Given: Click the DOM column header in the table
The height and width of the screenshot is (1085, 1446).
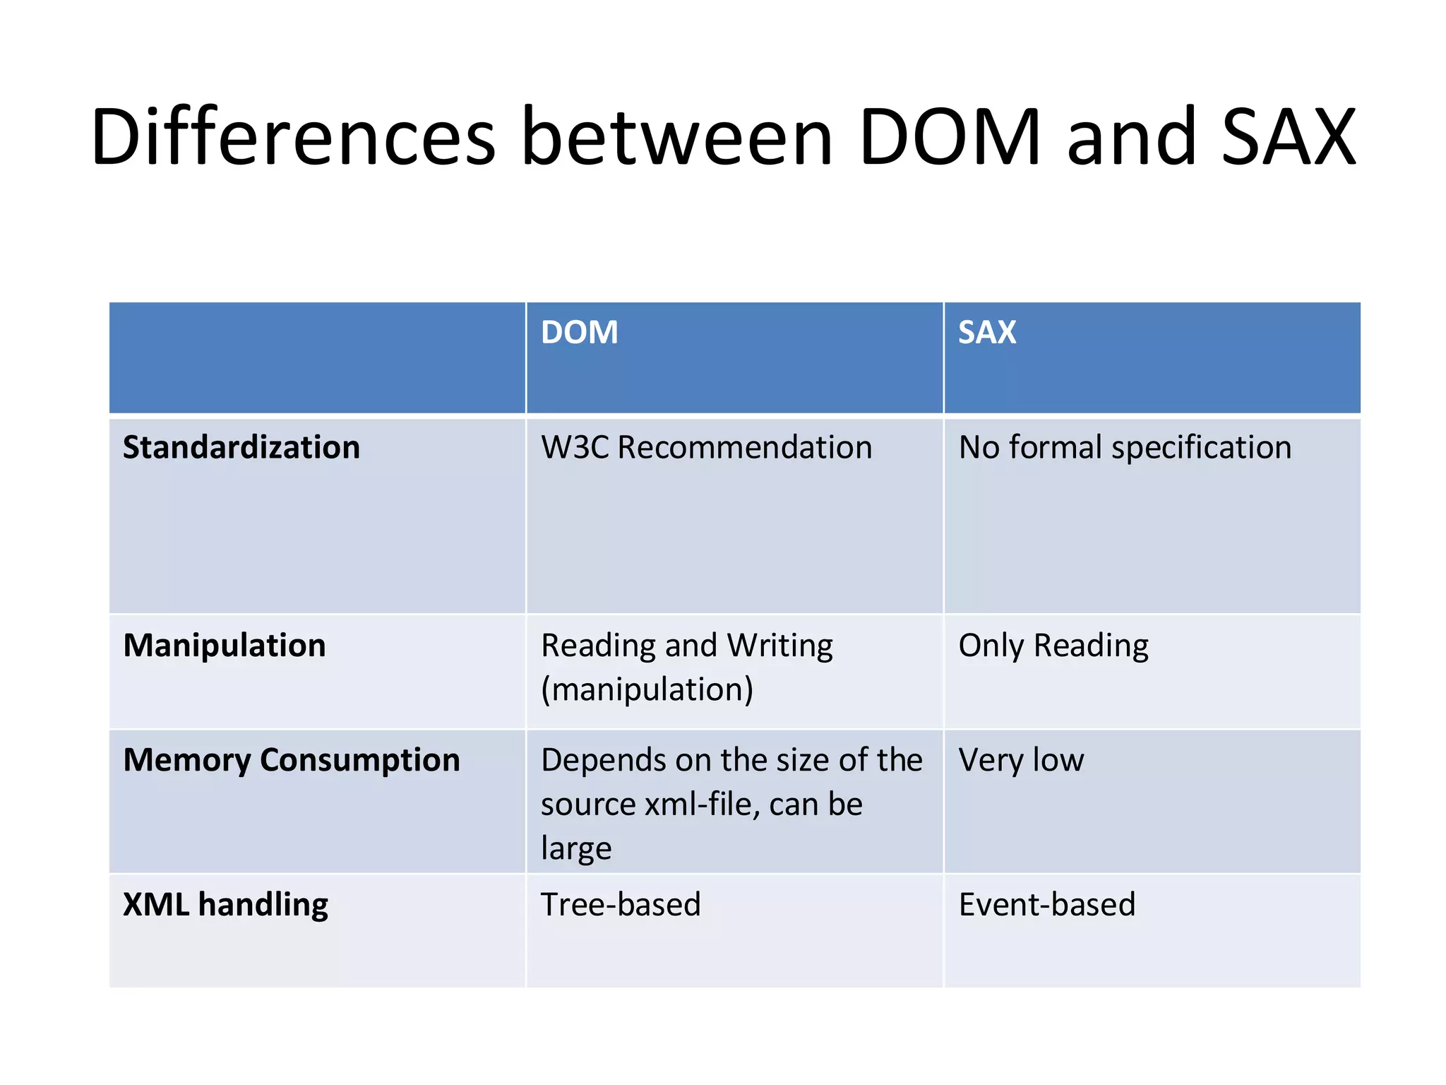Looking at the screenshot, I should pyautogui.click(x=579, y=332).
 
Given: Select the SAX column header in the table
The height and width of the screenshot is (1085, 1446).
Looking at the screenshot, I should pyautogui.click(x=986, y=332).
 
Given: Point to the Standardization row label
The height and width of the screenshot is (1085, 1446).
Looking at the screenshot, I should pyautogui.click(x=241, y=447).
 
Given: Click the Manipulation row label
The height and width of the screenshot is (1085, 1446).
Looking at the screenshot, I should pyautogui.click(x=225, y=645).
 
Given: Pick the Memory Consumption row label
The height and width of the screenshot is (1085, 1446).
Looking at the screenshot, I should pyautogui.click(x=291, y=760).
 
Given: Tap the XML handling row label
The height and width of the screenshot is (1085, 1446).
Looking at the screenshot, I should pyautogui.click(x=225, y=905).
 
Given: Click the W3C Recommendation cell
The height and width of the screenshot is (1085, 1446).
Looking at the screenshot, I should pyautogui.click(x=706, y=447).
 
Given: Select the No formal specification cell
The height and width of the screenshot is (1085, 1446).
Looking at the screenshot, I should pyautogui.click(x=1125, y=447).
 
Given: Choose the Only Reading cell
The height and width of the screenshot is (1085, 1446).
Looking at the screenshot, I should pyautogui.click(x=1053, y=646).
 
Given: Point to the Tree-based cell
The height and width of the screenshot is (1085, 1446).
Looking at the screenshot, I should pyautogui.click(x=621, y=905).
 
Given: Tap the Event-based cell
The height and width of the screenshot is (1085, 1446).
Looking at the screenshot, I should pyautogui.click(x=1046, y=905).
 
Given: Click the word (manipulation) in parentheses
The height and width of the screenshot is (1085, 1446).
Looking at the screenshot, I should pyautogui.click(x=647, y=689).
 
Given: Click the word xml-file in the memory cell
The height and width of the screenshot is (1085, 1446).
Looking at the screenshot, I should pyautogui.click(x=700, y=805).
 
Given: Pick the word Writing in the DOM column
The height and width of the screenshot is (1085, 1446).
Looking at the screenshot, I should pyautogui.click(x=779, y=646).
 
